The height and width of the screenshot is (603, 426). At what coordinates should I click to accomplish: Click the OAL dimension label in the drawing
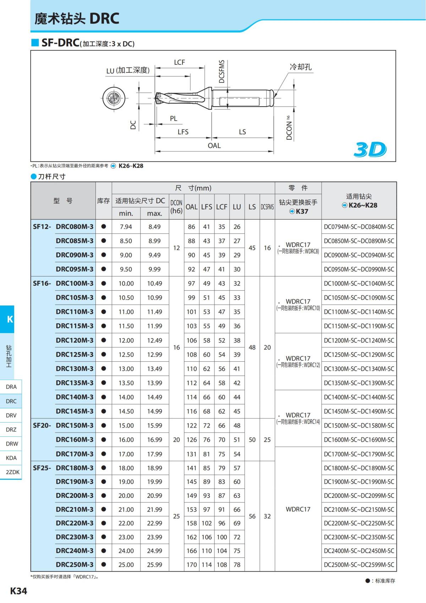click(214, 146)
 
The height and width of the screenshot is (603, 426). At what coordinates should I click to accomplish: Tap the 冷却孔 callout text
click(301, 67)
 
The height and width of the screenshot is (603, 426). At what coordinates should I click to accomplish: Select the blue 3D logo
click(370, 150)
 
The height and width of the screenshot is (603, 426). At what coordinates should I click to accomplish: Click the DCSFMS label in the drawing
click(222, 71)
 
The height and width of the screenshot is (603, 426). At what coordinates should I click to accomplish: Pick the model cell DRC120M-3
click(75, 340)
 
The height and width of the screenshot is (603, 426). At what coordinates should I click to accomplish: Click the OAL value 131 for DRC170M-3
click(191, 454)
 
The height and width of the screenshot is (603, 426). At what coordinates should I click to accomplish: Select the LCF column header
click(222, 207)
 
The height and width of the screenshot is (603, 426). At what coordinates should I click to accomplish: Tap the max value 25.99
click(154, 564)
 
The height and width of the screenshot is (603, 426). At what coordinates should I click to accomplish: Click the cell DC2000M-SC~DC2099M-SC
click(359, 495)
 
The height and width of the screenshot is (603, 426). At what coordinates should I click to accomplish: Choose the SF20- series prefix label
click(42, 425)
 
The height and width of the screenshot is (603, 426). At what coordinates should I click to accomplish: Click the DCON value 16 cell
click(176, 347)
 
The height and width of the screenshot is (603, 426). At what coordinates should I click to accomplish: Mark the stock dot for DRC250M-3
click(104, 564)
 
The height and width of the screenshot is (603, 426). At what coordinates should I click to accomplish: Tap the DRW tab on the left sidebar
click(11, 443)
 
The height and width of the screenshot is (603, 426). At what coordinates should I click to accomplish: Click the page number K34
click(18, 591)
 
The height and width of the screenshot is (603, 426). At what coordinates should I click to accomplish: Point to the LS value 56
click(252, 516)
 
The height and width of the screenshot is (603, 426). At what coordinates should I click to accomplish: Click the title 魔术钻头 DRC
click(77, 18)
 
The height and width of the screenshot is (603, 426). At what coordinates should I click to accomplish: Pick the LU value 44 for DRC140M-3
click(237, 397)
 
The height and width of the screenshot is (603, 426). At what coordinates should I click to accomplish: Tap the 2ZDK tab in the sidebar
click(12, 472)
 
